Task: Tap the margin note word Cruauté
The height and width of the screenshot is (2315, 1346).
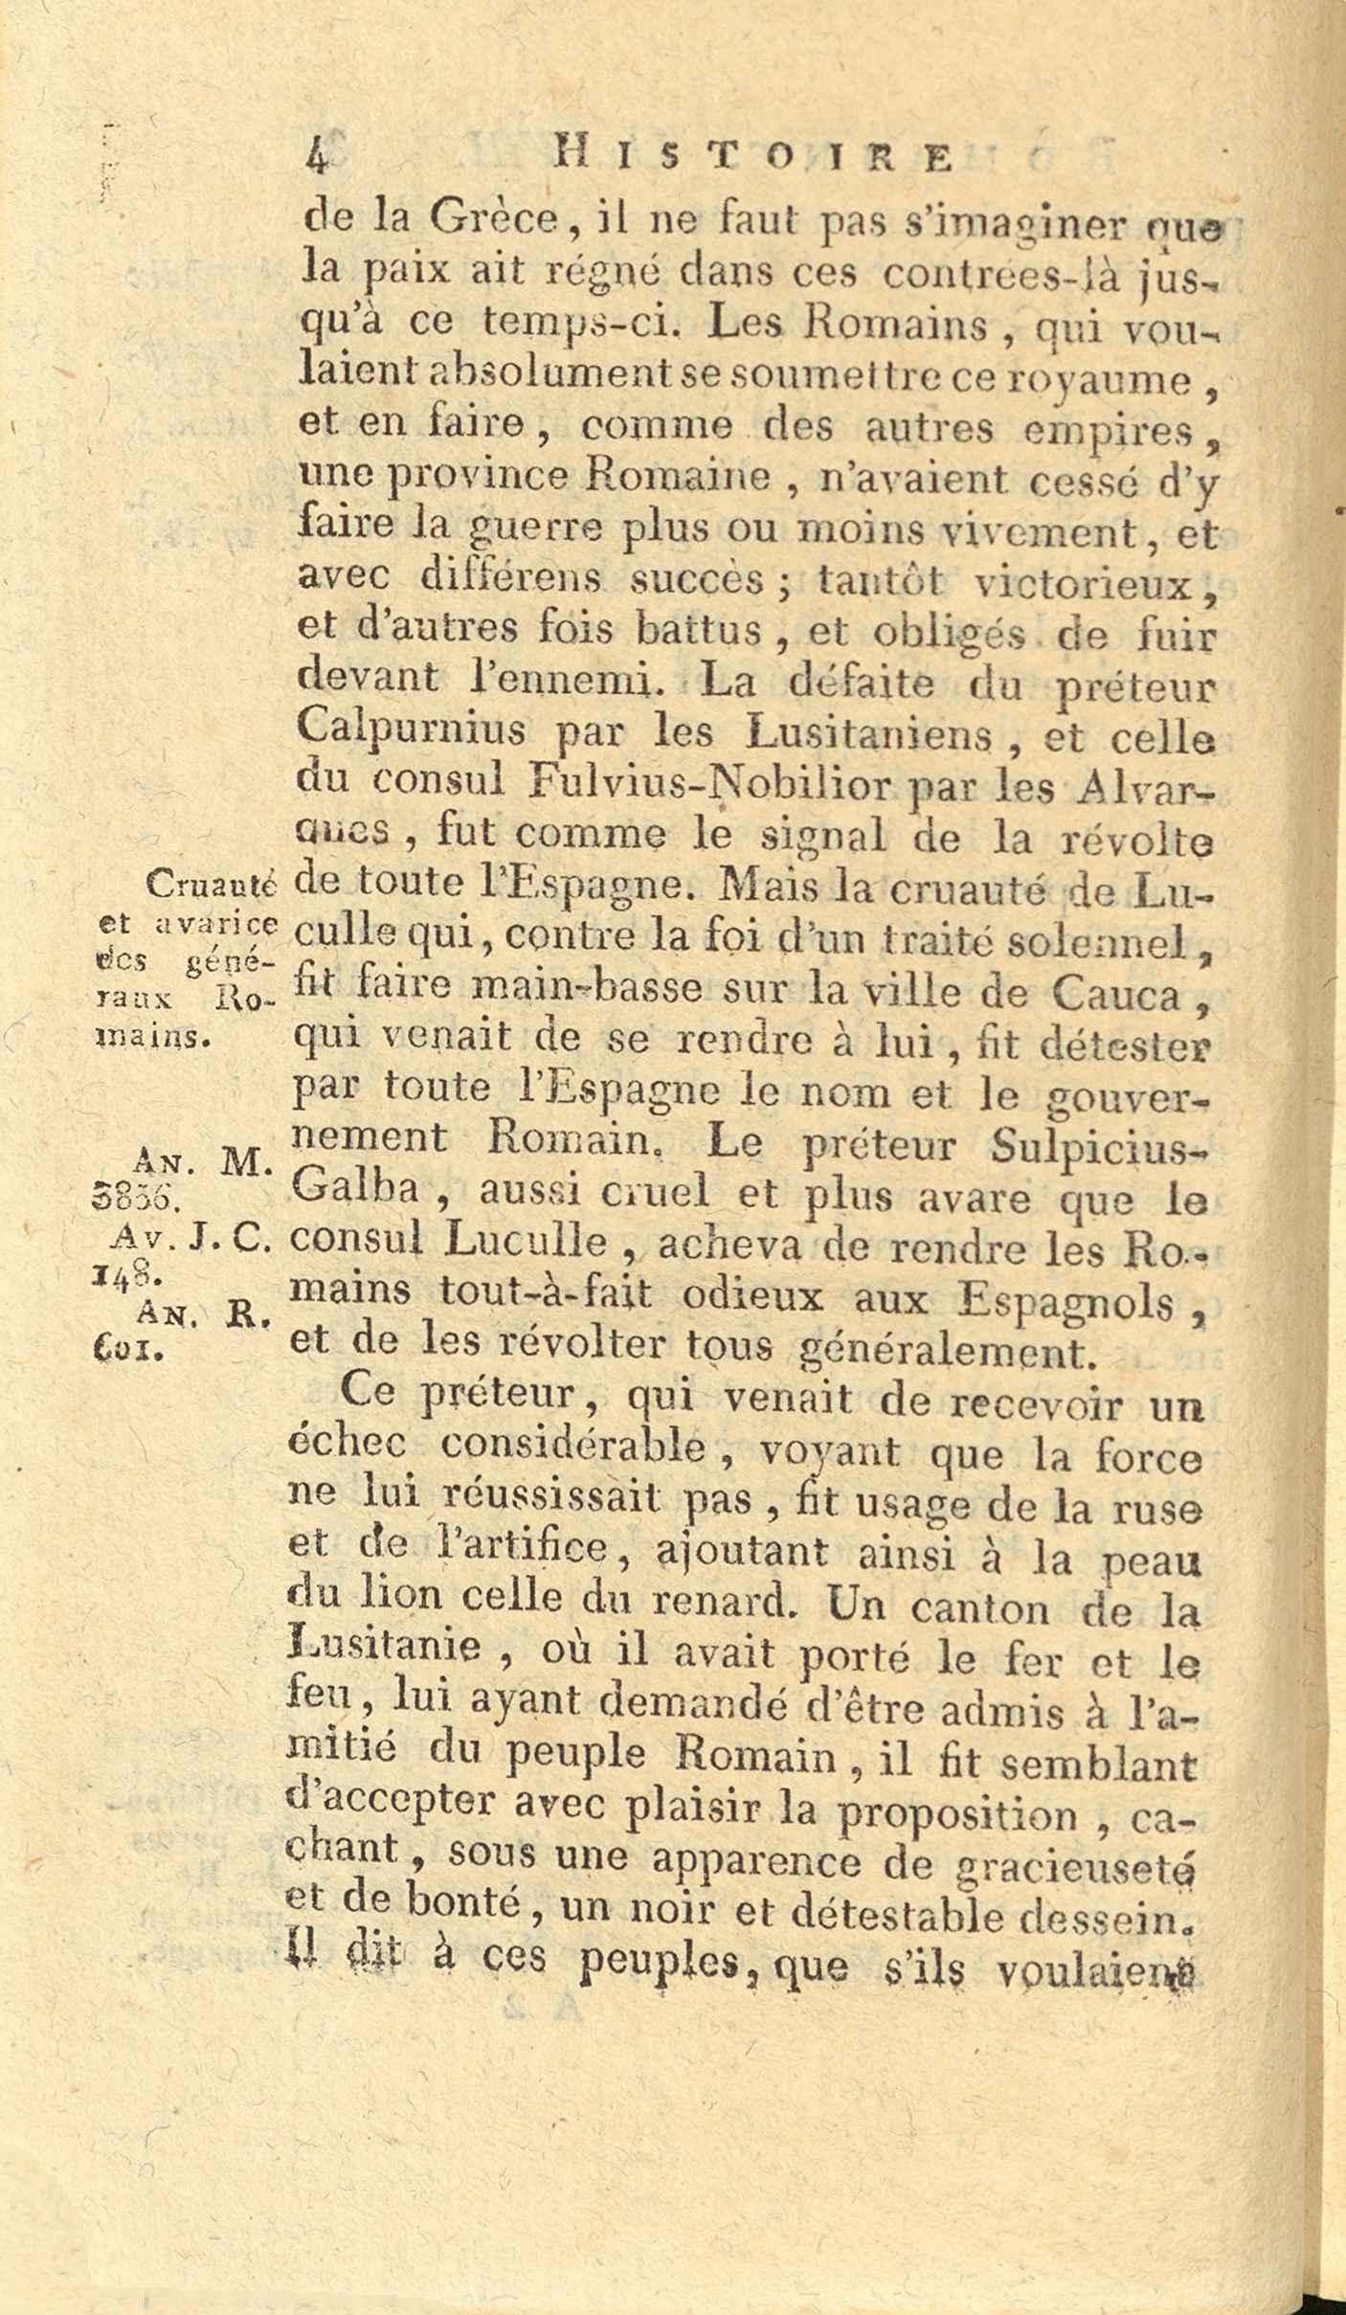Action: pos(212,886)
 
